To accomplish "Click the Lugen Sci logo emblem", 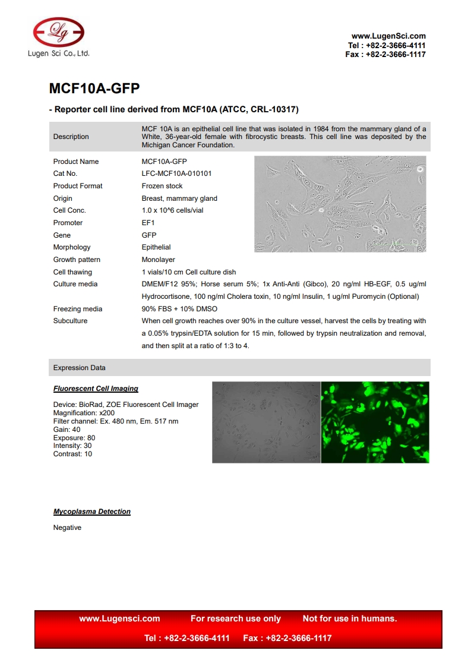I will [58, 31].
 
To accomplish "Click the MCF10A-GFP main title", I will [94, 89].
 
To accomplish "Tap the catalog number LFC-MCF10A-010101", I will [176, 173].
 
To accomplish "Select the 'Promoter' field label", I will [68, 223].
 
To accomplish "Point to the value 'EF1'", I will [148, 223].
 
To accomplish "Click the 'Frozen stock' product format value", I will [162, 186].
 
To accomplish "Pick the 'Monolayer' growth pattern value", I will [158, 260].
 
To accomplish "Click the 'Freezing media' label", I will [77, 309].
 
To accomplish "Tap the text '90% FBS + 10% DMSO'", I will [179, 309].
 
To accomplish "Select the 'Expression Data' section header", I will [79, 368].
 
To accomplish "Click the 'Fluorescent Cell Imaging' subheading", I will [96, 389].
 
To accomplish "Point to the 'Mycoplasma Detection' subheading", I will [91, 512].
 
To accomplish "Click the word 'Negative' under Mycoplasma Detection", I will [67, 528].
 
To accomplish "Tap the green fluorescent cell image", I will [375, 422].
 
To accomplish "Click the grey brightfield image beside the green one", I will [266, 422].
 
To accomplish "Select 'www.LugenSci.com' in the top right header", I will [388, 36].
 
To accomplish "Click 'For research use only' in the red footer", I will [236, 618].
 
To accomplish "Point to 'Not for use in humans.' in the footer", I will [350, 618].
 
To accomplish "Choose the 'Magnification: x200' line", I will [84, 413].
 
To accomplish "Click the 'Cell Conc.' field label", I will [69, 210].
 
